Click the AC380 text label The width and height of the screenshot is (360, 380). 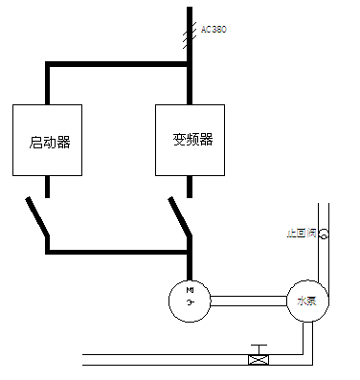(x=213, y=30)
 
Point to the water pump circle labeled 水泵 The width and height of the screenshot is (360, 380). (x=305, y=301)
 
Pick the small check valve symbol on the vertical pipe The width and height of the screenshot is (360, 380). (x=324, y=234)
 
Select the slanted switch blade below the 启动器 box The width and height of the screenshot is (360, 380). (x=37, y=219)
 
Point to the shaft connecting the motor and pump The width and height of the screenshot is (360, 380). (x=247, y=301)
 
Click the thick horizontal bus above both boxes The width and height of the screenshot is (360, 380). (x=115, y=65)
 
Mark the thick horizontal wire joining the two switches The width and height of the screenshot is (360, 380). (x=115, y=252)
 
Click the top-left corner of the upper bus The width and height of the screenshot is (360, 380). (x=47, y=65)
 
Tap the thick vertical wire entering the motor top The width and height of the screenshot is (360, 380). (x=190, y=266)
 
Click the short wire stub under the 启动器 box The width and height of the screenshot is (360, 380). (x=47, y=186)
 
